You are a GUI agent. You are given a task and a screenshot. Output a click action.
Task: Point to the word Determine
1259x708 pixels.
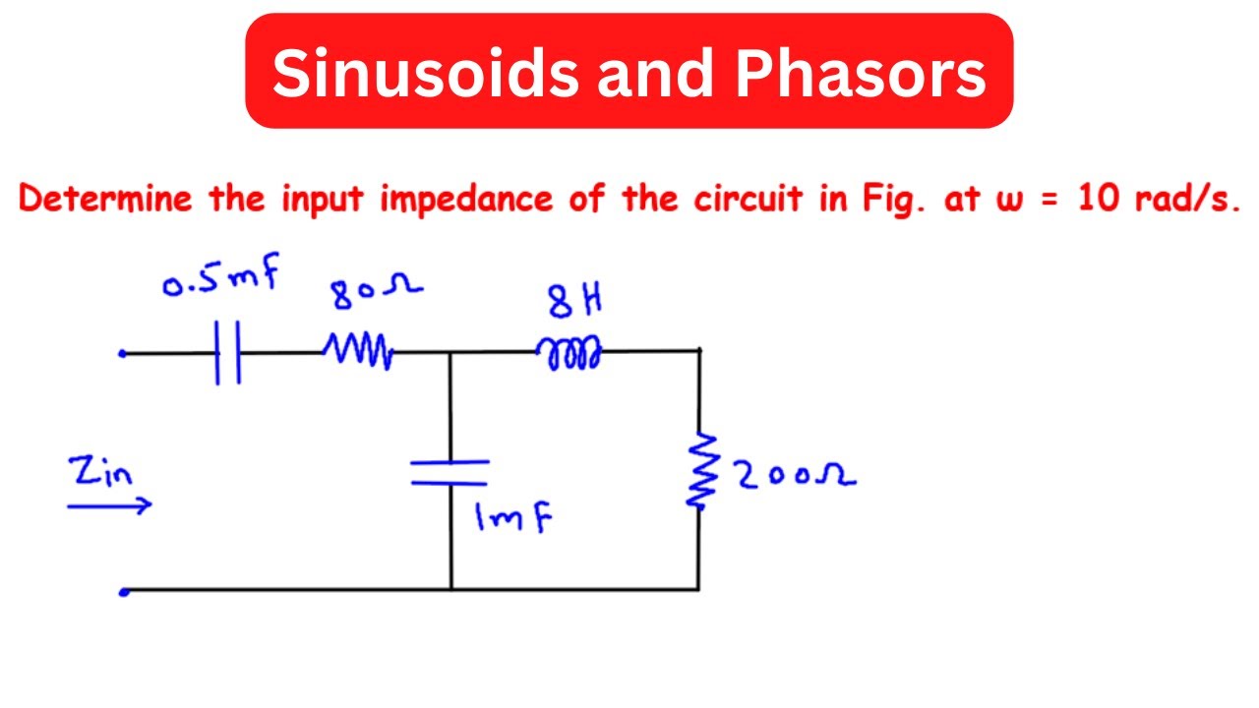tap(106, 200)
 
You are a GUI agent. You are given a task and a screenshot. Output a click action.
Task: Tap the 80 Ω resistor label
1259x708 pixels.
tap(377, 290)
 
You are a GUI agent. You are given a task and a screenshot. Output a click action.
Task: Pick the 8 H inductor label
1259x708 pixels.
tap(573, 302)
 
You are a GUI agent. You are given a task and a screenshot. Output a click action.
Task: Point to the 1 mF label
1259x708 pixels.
tap(511, 518)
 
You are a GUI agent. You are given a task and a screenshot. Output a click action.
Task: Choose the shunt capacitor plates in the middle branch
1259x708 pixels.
tap(450, 472)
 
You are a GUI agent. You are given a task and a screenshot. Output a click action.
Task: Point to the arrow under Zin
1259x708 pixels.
tap(109, 505)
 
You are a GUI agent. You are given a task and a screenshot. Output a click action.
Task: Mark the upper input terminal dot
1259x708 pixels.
tap(123, 353)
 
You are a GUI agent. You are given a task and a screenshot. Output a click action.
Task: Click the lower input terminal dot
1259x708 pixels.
tap(124, 591)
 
